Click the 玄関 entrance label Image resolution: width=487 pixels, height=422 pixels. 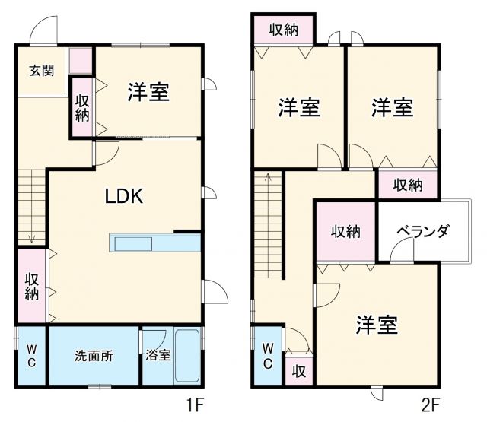point(42,71)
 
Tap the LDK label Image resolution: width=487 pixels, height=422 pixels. point(124,196)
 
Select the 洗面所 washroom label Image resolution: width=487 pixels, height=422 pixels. point(94,356)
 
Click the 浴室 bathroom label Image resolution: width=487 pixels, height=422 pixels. point(158,356)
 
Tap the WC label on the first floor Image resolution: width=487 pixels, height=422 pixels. point(31,356)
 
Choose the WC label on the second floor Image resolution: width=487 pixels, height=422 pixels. point(268,355)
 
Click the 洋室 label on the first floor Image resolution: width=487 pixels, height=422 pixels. point(148,93)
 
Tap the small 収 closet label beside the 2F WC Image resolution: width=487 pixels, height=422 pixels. point(299,371)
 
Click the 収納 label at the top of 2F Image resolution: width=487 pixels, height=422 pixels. point(282,30)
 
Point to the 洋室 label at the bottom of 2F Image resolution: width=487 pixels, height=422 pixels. point(377,325)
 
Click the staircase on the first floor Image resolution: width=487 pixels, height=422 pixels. point(31,205)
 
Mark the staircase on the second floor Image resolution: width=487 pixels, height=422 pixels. point(269,224)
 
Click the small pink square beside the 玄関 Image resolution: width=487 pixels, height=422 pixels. point(80,60)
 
